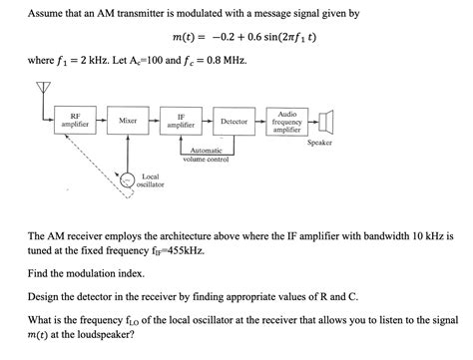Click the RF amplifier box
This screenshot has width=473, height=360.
[x=76, y=121]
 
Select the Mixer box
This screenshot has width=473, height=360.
[x=128, y=121]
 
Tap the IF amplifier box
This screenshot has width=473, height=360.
[x=181, y=121]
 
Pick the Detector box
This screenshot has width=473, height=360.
[x=234, y=121]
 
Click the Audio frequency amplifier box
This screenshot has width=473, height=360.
[x=287, y=122]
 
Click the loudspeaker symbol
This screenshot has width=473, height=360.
[x=325, y=122]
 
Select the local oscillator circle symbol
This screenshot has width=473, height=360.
[x=127, y=180]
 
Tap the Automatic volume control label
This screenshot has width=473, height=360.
[x=207, y=155]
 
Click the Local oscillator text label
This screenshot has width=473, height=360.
[x=151, y=180]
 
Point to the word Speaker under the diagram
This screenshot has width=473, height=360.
[x=319, y=143]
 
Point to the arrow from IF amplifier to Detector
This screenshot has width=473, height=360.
[x=207, y=121]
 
